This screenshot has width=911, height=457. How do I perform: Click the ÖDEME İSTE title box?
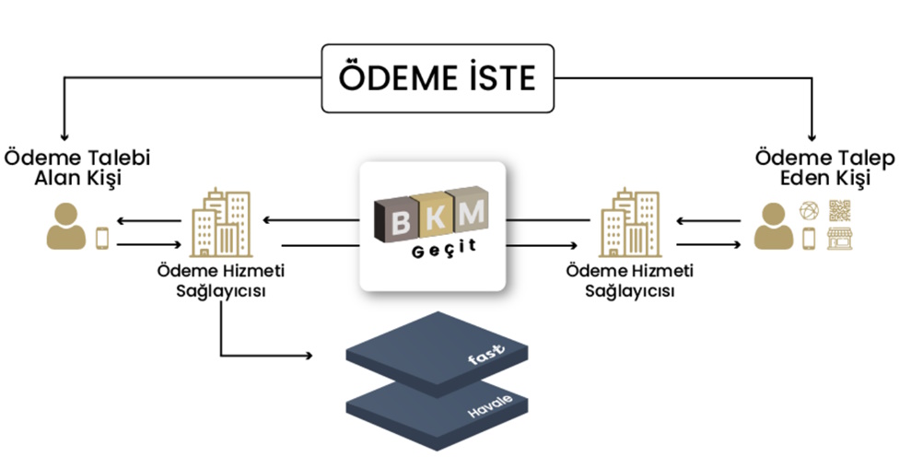click(437, 79)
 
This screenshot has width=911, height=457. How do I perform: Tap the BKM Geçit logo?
click(432, 226)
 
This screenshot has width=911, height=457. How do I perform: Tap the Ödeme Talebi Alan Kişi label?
click(77, 167)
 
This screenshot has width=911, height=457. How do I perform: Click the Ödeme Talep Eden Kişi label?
click(823, 167)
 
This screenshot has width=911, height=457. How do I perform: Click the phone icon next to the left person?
click(101, 238)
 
